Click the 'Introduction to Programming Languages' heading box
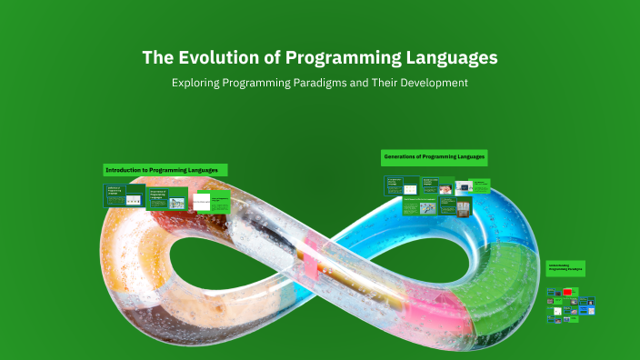click(165, 170)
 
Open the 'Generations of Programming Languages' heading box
click(435, 157)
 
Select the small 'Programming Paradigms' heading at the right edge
click(565, 268)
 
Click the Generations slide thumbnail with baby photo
click(447, 186)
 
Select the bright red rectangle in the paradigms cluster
click(569, 292)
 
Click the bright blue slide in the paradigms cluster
click(587, 300)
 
